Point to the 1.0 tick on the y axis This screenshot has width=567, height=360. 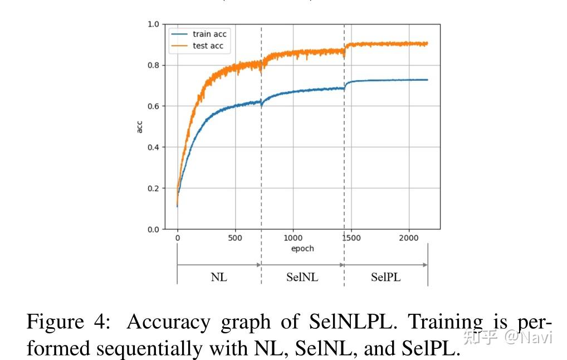pyautogui.click(x=153, y=25)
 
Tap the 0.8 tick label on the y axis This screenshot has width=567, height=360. pyautogui.click(x=153, y=65)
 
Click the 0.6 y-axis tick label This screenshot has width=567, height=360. pyautogui.click(x=153, y=106)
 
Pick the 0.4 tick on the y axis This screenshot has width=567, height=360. pyautogui.click(x=153, y=147)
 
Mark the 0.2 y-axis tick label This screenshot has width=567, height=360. pyautogui.click(x=153, y=188)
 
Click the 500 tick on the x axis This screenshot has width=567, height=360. pyautogui.click(x=235, y=238)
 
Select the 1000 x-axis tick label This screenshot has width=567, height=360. pyautogui.click(x=293, y=238)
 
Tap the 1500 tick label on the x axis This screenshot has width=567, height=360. pyautogui.click(x=351, y=238)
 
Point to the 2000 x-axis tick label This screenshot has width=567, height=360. pyautogui.click(x=409, y=238)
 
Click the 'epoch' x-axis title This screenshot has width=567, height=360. pyautogui.click(x=302, y=249)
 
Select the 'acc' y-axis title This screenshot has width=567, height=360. pyautogui.click(x=139, y=127)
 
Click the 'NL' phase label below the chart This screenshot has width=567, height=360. pyautogui.click(x=219, y=277)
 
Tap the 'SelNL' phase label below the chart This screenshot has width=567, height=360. pyautogui.click(x=302, y=277)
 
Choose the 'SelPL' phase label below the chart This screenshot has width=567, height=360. pyautogui.click(x=386, y=277)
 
